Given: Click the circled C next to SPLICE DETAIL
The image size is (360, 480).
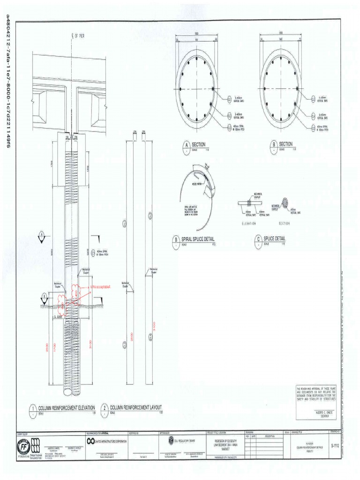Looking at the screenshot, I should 258,240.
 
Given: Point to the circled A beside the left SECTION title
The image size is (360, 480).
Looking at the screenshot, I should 186,146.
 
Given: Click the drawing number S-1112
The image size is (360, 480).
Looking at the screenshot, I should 334,445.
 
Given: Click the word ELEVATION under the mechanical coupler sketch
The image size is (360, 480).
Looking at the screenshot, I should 249,223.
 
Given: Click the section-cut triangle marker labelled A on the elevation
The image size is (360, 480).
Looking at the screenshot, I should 42,234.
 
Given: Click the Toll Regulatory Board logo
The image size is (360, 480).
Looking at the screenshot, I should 171,441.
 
